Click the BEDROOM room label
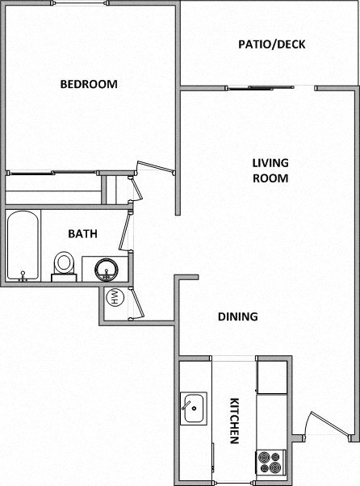[x=89, y=84]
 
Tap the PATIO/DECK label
[x=271, y=44]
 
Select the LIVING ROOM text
[x=270, y=170]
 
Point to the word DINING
[x=237, y=316]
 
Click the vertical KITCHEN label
[x=234, y=421]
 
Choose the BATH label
[x=82, y=234]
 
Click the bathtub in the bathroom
[x=23, y=245]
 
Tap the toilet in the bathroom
[x=65, y=265]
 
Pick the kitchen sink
[x=194, y=408]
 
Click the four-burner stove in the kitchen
[x=270, y=462]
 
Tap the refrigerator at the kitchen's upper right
[x=272, y=376]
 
